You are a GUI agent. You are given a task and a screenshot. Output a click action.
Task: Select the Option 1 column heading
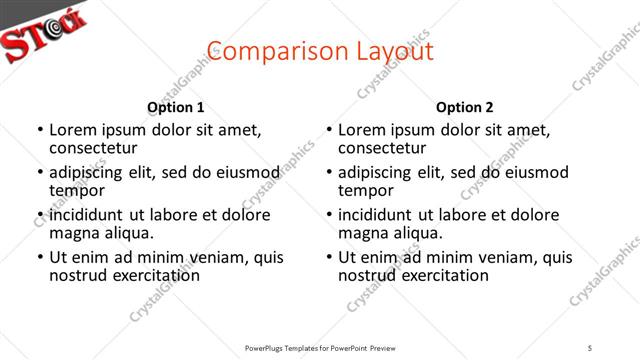click(176, 107)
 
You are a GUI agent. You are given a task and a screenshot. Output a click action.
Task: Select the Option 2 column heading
click(465, 107)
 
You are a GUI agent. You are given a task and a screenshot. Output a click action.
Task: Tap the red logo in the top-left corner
click(45, 30)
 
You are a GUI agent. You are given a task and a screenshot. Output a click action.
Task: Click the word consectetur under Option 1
click(93, 148)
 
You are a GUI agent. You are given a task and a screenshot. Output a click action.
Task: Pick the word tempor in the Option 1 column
click(77, 190)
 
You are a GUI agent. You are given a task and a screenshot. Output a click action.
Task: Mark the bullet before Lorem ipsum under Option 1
click(38, 130)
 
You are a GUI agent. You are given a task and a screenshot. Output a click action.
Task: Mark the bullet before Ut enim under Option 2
click(327, 257)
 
